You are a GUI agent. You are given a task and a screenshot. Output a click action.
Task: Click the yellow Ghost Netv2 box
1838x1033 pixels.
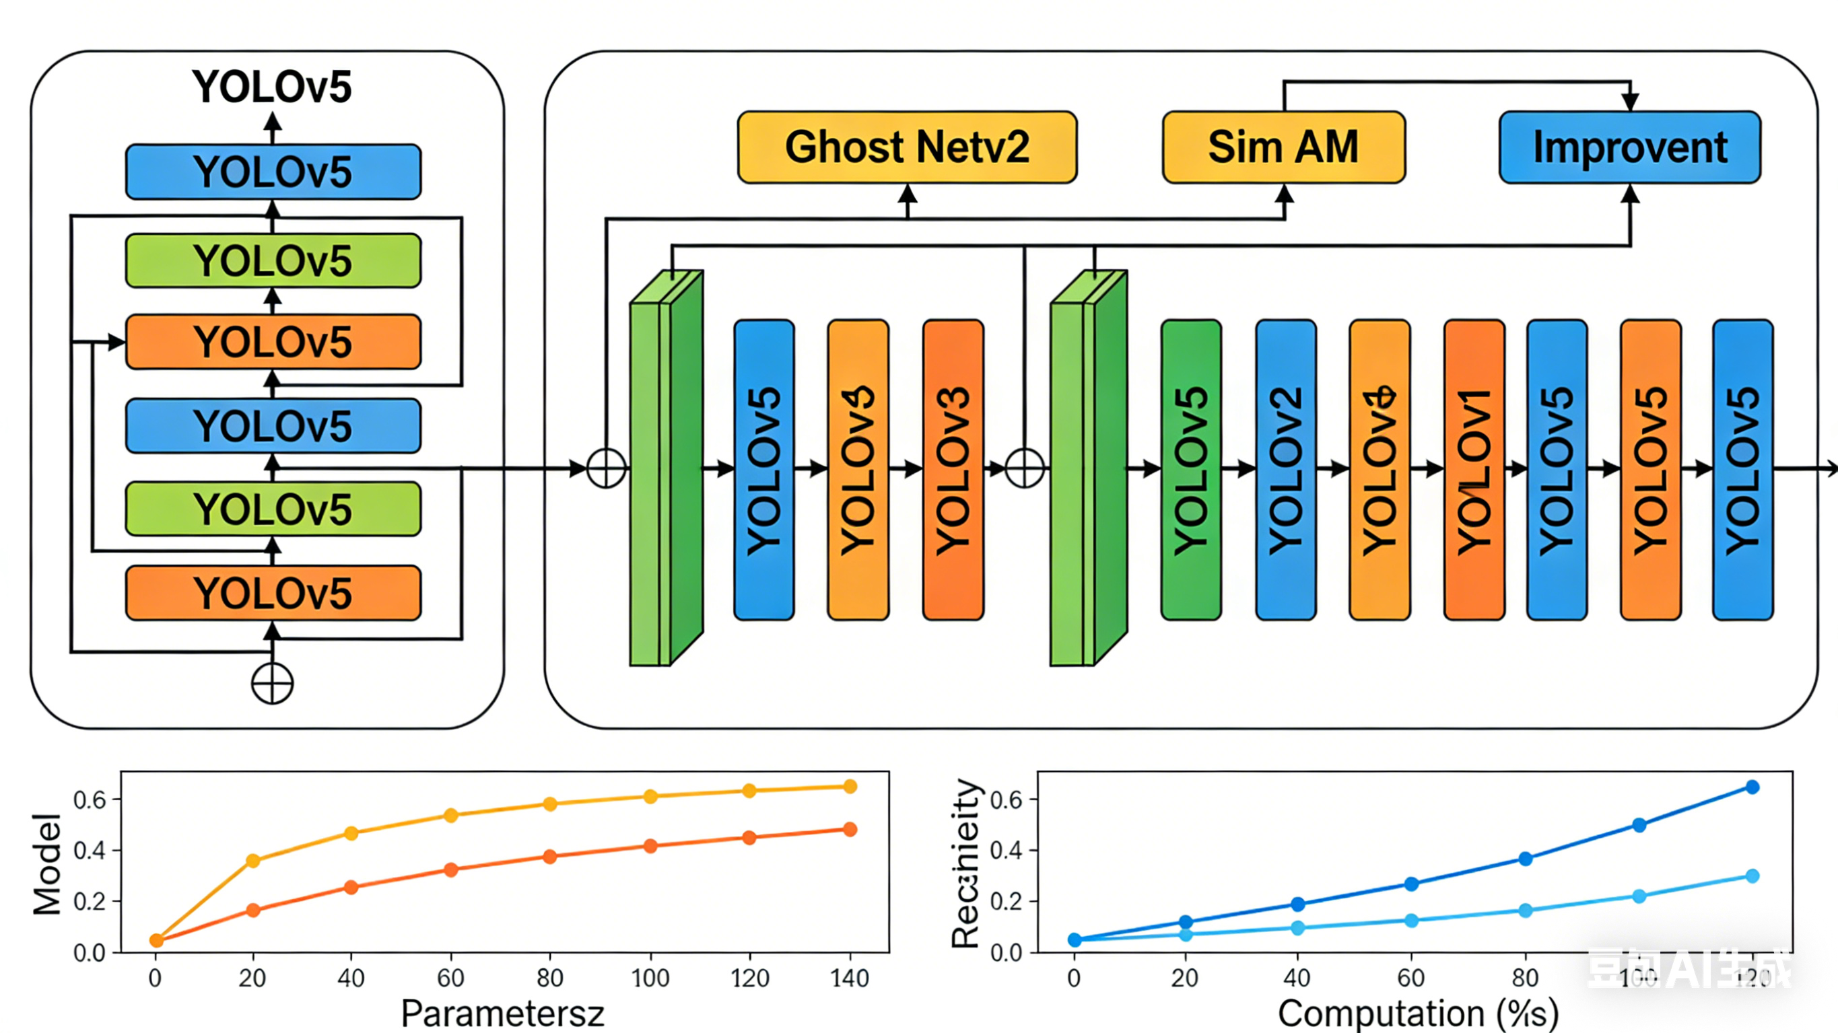coord(907,147)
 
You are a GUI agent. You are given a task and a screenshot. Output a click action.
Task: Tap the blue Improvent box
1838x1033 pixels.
coord(1630,147)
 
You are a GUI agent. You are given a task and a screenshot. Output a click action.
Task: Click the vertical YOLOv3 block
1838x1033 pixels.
coord(953,470)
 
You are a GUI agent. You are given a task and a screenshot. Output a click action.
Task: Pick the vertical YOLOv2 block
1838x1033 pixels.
coord(1285,470)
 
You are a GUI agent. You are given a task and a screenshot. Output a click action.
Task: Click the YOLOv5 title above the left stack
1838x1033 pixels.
coord(272,87)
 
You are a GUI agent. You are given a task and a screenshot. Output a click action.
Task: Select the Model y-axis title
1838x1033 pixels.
coord(47,864)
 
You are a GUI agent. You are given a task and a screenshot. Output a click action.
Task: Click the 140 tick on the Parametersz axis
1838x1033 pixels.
coord(849,978)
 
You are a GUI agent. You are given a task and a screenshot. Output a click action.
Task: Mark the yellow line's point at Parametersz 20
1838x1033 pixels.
coord(252,860)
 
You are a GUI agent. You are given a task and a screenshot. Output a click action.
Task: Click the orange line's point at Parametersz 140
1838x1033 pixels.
coord(849,829)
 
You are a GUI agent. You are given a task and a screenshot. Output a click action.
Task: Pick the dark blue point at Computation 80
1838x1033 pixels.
coord(1525,858)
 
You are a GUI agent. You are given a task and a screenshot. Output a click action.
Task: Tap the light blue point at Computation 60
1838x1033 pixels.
coord(1410,921)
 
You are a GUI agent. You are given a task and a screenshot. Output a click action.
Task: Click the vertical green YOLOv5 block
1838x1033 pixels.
coord(1190,470)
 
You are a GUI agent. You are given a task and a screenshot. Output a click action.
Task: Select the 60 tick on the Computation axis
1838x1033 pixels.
coord(1410,978)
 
